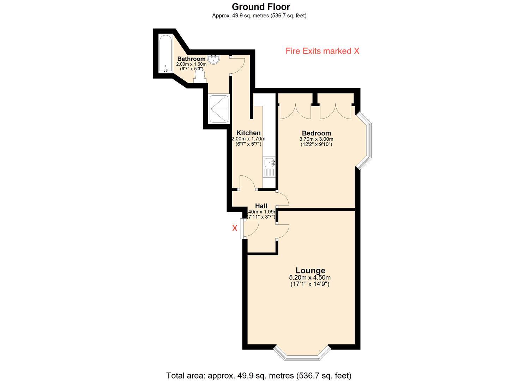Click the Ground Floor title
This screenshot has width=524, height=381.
point(261,6)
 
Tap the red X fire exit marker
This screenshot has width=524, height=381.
point(235,228)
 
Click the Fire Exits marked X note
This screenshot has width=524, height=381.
point(322,51)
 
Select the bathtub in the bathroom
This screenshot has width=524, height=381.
point(165,54)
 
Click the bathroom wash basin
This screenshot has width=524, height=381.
point(214,59)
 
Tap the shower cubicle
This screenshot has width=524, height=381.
point(219,109)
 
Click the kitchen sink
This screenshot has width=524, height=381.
point(270,163)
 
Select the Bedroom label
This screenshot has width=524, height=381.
point(316,133)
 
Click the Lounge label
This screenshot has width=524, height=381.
point(310,270)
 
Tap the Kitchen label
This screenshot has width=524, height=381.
point(248,133)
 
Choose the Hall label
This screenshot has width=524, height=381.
point(261,206)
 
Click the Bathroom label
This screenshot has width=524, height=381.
point(191,59)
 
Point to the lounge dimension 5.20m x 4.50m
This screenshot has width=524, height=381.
point(310,278)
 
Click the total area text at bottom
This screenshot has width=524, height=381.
point(259,375)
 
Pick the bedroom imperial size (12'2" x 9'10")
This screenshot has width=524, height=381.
point(316,144)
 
